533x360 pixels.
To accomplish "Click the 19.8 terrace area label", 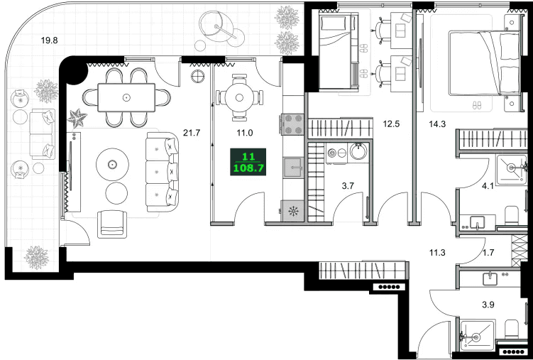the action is [49, 40].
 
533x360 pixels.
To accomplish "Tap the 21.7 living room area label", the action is [192, 133].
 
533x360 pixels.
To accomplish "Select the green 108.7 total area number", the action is [248, 168].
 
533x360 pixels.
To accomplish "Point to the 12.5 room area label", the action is [391, 124].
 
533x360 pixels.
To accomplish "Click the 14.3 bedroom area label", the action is [437, 124].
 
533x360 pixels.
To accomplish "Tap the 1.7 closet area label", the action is [488, 253].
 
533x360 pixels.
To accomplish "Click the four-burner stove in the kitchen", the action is [291, 124].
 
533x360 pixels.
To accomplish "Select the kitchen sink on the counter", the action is [292, 168].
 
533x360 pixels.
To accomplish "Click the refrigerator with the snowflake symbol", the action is [292, 212].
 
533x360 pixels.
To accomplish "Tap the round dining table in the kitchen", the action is [239, 98].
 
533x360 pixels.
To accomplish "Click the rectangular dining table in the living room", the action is [126, 97].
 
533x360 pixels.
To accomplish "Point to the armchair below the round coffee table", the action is [112, 224].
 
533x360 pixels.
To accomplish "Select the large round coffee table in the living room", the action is [112, 165].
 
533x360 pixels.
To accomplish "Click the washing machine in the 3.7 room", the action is [336, 153].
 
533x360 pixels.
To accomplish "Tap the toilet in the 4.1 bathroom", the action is [511, 215].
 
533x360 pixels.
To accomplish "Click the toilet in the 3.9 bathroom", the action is [511, 329].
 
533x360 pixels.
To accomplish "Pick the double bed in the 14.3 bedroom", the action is [484, 63].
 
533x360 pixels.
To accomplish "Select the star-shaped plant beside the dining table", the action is [77, 118].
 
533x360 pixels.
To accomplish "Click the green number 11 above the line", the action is [248, 157].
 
